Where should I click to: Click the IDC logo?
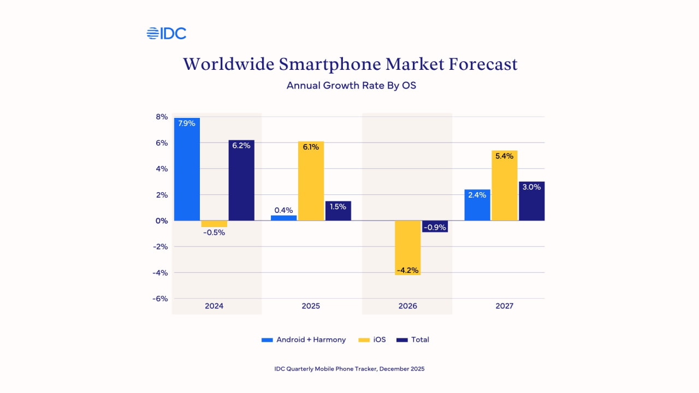[167, 33]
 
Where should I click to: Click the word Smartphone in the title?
[329, 64]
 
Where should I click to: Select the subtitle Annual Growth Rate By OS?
[351, 86]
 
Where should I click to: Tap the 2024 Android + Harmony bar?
[187, 169]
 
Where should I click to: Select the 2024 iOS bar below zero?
[214, 224]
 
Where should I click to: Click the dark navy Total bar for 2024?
[241, 180]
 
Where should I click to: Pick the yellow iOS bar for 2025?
[311, 181]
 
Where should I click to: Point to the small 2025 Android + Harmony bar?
[283, 218]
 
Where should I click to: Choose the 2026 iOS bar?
[407, 248]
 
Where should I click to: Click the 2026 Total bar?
[435, 227]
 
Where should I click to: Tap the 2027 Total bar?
[532, 201]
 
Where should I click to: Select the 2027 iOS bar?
[505, 186]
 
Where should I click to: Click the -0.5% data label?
[214, 233]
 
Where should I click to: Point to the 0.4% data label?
[283, 210]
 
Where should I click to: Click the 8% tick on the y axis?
[162, 117]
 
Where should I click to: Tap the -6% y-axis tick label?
[160, 299]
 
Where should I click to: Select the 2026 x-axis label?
[407, 306]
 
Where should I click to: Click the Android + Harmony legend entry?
[304, 340]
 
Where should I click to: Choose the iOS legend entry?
[372, 340]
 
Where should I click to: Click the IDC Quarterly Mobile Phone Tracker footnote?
[349, 369]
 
